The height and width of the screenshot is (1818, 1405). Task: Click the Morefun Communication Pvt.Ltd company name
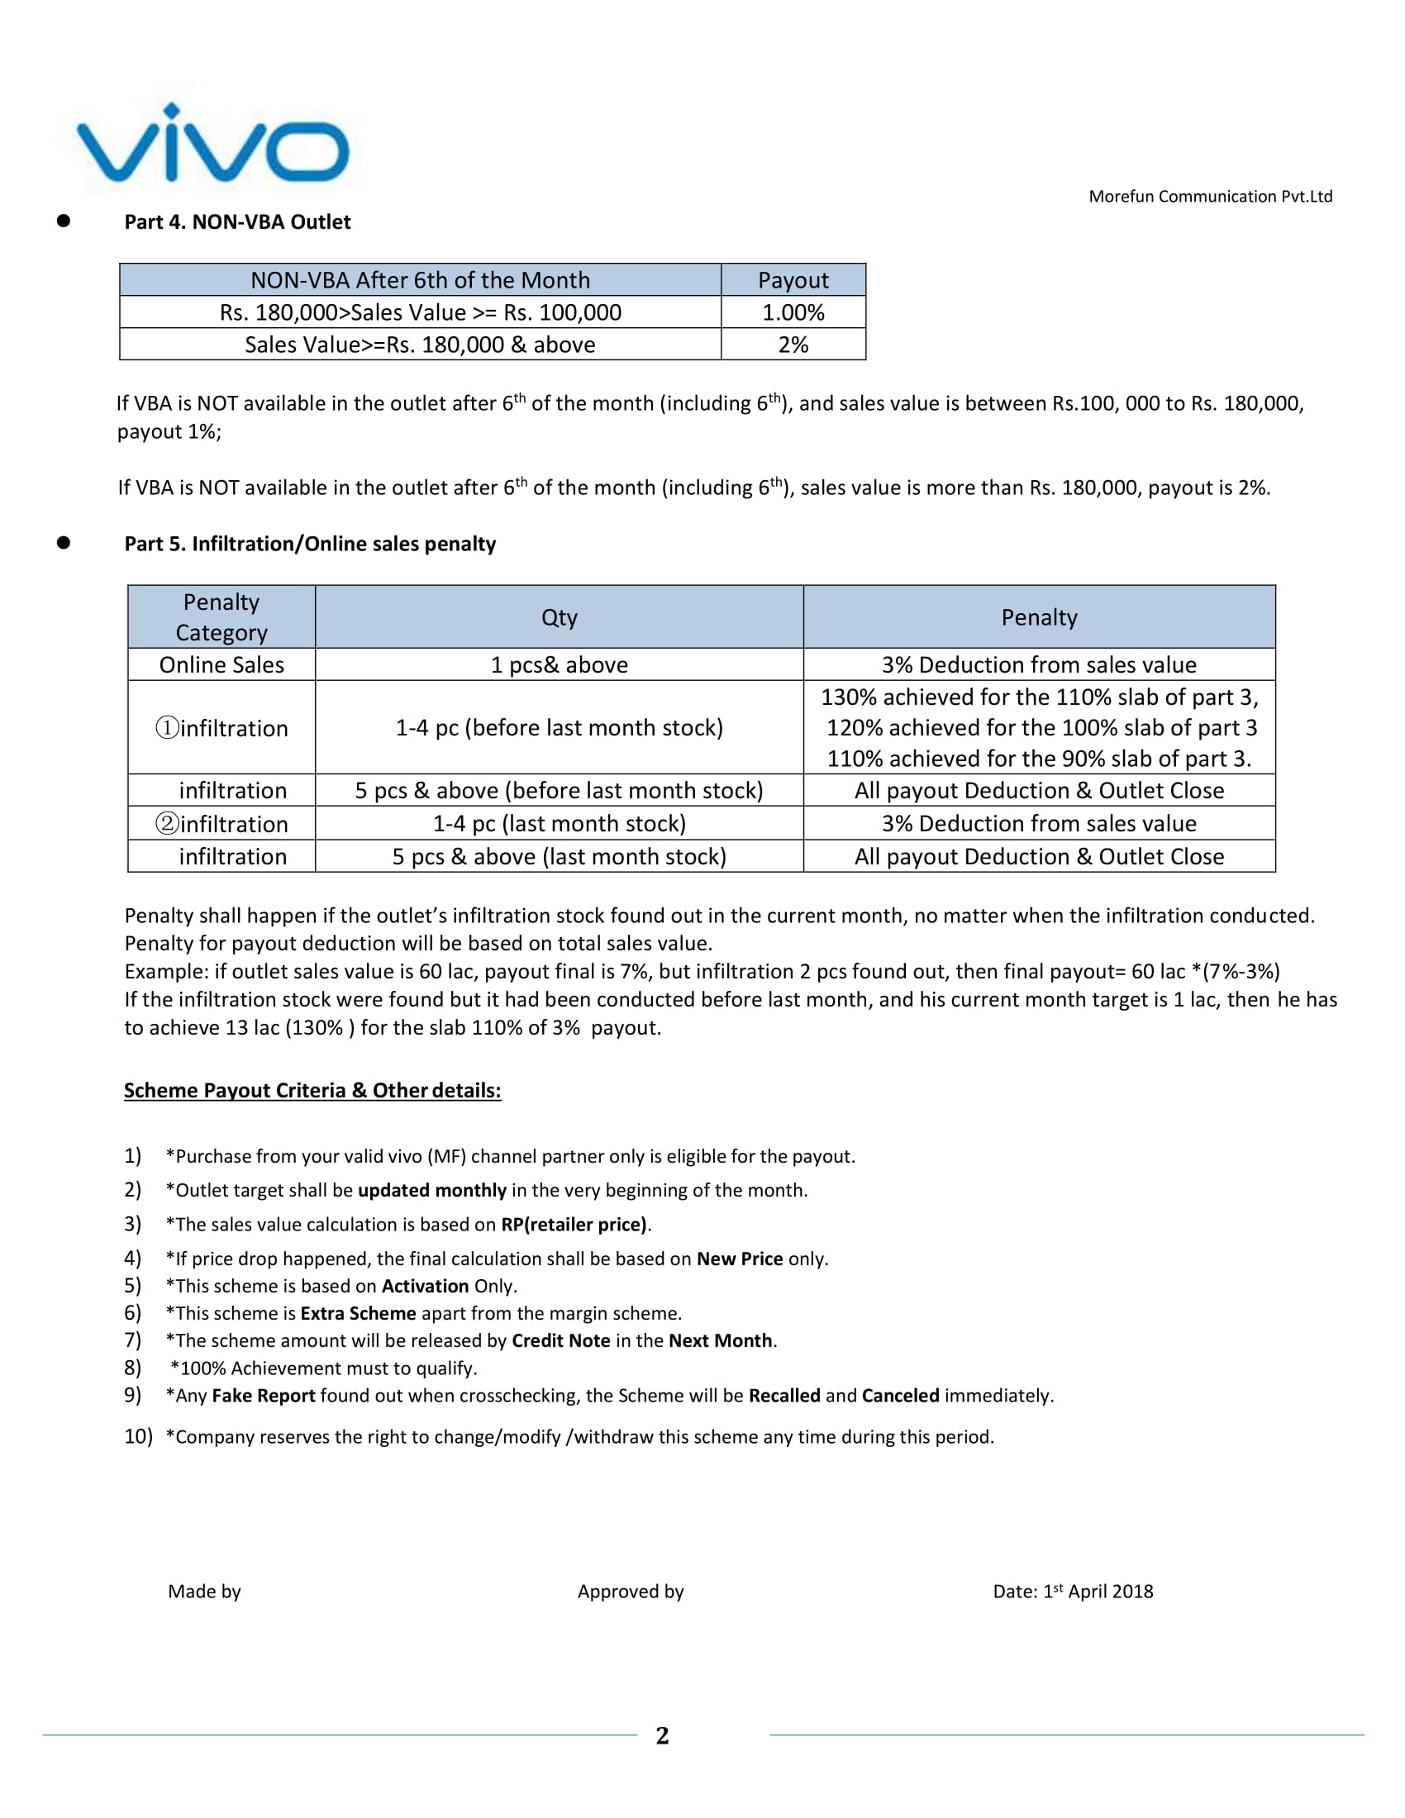pyautogui.click(x=1209, y=197)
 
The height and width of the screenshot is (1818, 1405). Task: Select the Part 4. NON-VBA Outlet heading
pyautogui.click(x=237, y=222)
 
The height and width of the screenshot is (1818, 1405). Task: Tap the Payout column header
pyautogui.click(x=793, y=280)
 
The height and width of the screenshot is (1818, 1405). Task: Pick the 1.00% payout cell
pyautogui.click(x=793, y=313)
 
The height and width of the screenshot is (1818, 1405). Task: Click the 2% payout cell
pyautogui.click(x=793, y=345)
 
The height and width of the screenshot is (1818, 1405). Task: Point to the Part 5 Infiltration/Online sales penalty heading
pyautogui.click(x=310, y=544)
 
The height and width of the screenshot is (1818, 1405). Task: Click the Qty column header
pyautogui.click(x=559, y=617)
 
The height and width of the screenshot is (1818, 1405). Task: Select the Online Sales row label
pyautogui.click(x=221, y=665)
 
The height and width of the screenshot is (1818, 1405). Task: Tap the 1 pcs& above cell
pyautogui.click(x=559, y=665)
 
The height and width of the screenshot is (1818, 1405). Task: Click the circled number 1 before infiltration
pyautogui.click(x=167, y=728)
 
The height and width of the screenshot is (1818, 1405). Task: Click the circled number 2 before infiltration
pyautogui.click(x=167, y=824)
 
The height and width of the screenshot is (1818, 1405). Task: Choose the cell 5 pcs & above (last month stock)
pyautogui.click(x=559, y=857)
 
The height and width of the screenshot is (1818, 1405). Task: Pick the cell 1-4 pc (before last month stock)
pyautogui.click(x=559, y=728)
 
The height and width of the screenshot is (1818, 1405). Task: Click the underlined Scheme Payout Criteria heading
pyautogui.click(x=312, y=1091)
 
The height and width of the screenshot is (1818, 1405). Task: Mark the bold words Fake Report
pyautogui.click(x=263, y=1396)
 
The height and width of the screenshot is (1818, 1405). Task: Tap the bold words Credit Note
pyautogui.click(x=560, y=1341)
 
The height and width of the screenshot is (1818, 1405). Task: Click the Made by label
pyautogui.click(x=204, y=1592)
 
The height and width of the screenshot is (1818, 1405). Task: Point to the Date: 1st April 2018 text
pyautogui.click(x=1072, y=1592)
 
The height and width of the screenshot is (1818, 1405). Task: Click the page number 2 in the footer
pyautogui.click(x=662, y=1735)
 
